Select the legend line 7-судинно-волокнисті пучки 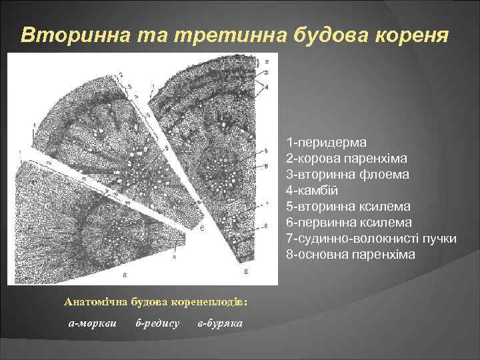(x=371, y=238)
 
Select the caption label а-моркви (x=93, y=323)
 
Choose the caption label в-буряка (x=221, y=323)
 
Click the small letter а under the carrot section (x=125, y=273)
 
